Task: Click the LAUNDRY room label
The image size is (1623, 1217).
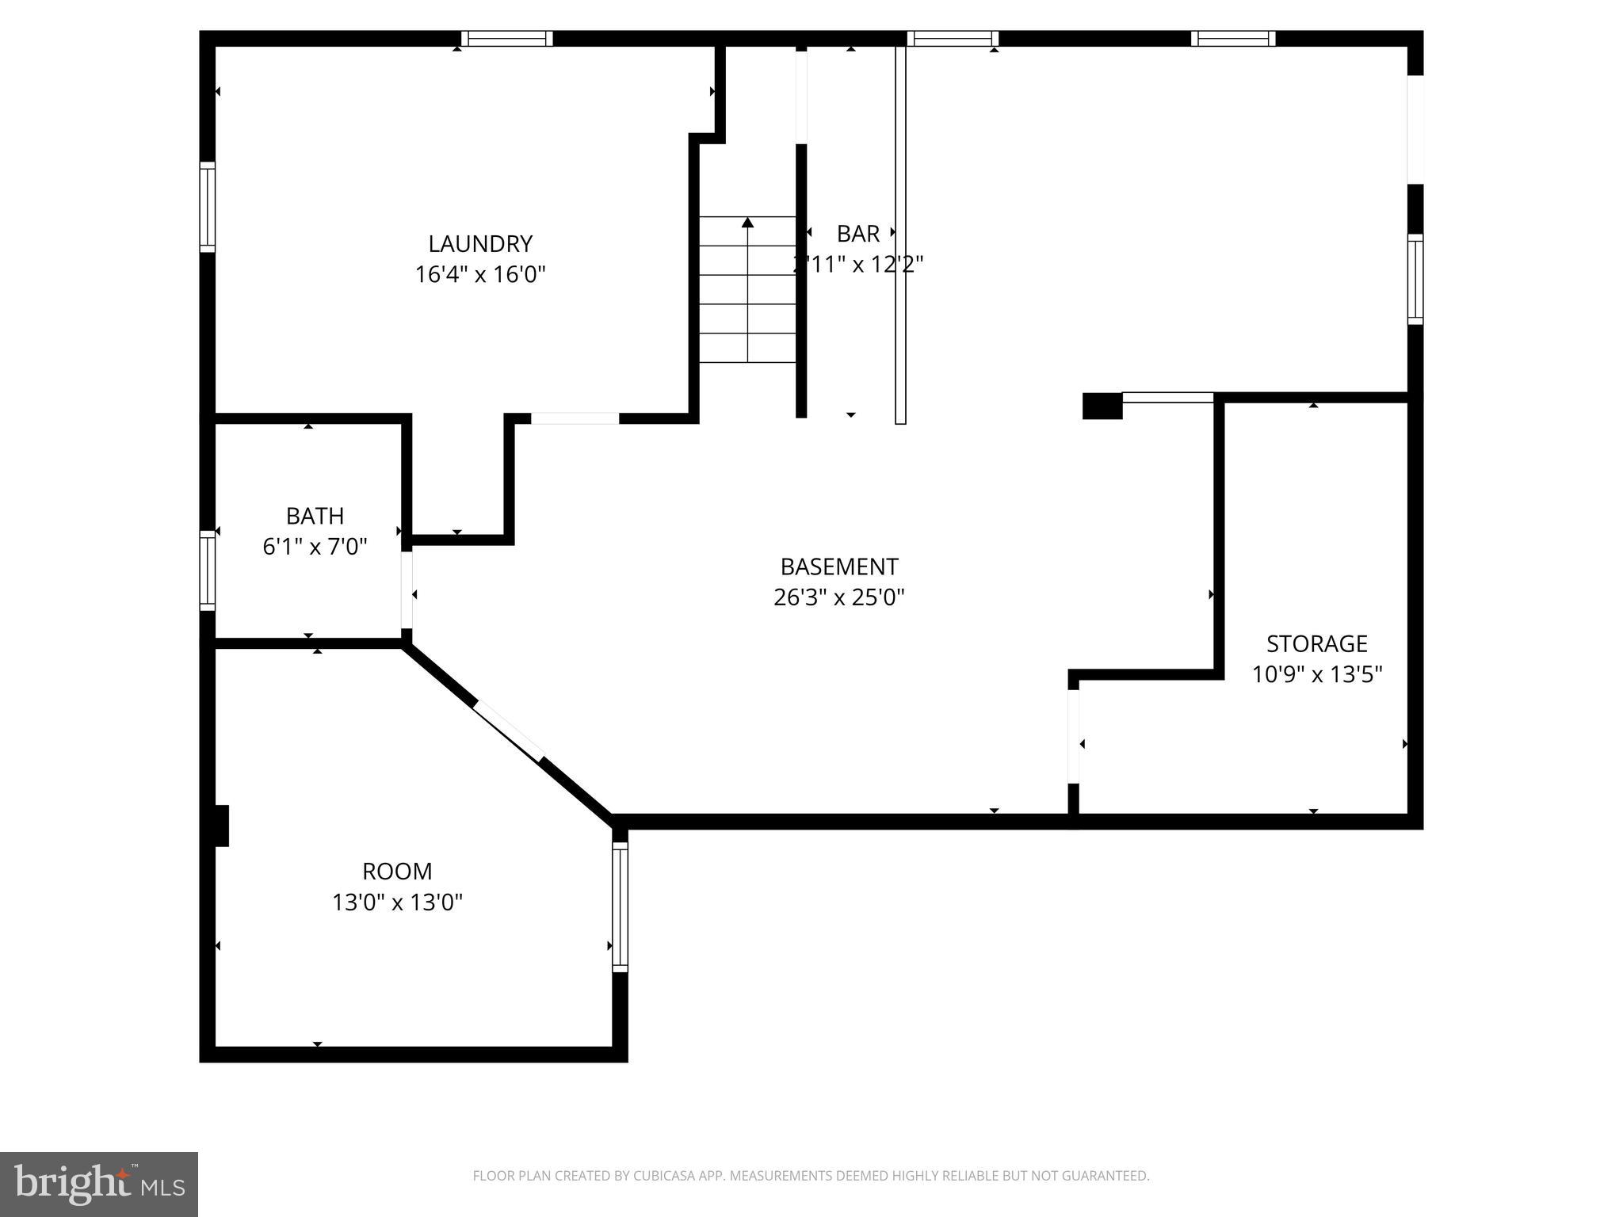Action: coord(480,243)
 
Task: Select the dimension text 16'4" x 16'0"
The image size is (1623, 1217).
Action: coord(480,275)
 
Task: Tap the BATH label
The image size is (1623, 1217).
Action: coord(315,516)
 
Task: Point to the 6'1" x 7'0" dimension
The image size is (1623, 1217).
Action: coord(315,547)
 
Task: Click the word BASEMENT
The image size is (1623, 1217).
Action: coord(838,567)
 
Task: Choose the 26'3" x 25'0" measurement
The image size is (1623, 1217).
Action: coord(838,597)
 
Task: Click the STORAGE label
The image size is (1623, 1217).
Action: coord(1316,643)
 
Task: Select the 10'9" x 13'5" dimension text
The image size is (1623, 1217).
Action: coord(1316,674)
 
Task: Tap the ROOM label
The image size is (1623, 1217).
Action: coord(397,872)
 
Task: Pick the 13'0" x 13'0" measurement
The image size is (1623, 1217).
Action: coord(397,902)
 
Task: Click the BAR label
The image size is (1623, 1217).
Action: coord(857,234)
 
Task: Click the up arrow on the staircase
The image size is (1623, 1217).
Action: coord(747,223)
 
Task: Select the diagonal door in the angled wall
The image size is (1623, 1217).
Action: coord(509,732)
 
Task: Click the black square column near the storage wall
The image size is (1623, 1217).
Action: coord(1102,406)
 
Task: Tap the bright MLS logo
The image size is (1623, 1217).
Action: coord(98,1185)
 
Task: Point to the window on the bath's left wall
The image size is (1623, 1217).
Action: coord(207,570)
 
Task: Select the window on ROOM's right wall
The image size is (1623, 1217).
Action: coord(620,907)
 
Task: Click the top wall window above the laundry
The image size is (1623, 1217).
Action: coord(506,39)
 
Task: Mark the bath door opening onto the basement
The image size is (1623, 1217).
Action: coord(407,590)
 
